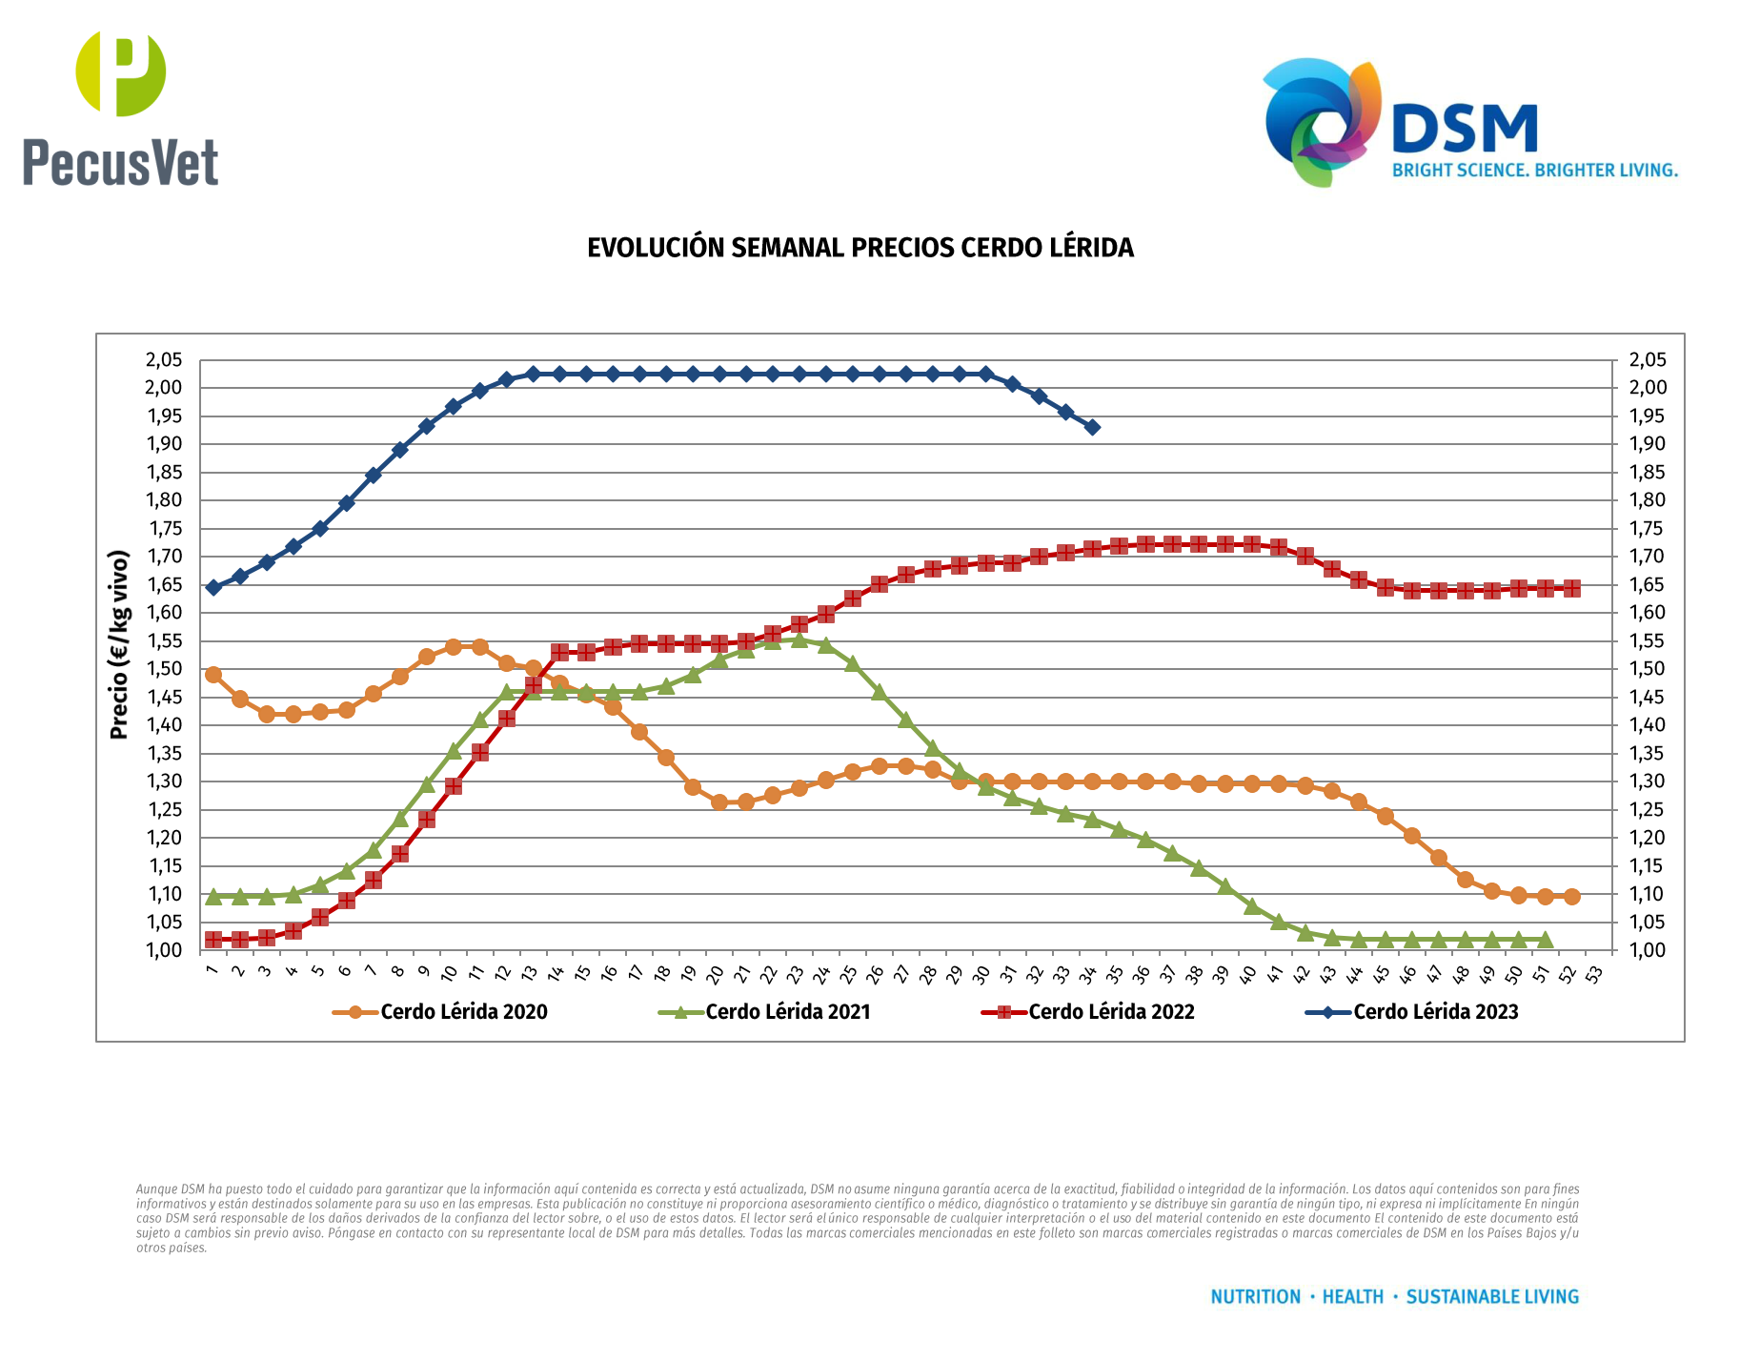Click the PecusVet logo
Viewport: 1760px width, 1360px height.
(x=121, y=109)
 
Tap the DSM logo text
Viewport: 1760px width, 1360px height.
(x=1465, y=130)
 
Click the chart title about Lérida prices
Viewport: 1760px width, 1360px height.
(x=860, y=248)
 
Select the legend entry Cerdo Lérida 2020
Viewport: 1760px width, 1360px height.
(x=463, y=1012)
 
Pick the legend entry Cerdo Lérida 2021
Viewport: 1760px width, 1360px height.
(x=787, y=1012)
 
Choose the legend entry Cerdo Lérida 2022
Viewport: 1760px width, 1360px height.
(x=1111, y=1012)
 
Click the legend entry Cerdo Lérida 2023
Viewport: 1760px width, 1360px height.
(x=1435, y=1012)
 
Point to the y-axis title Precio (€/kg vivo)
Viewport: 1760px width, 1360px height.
(x=119, y=644)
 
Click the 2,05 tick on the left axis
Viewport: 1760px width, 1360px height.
(x=163, y=360)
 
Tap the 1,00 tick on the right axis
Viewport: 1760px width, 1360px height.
(x=1648, y=950)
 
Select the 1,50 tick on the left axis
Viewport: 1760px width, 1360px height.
(x=163, y=669)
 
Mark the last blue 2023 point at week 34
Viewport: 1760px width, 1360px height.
(x=1092, y=427)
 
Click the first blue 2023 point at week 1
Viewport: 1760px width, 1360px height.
(x=213, y=587)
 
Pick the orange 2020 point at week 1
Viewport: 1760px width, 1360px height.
(x=213, y=675)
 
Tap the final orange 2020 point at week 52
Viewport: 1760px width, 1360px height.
(x=1571, y=897)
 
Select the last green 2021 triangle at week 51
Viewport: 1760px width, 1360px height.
(x=1545, y=940)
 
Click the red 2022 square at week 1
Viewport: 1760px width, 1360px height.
(x=213, y=940)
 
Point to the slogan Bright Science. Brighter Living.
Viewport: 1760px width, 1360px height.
(x=1534, y=171)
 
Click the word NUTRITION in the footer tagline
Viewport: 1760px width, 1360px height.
(x=1255, y=1297)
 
